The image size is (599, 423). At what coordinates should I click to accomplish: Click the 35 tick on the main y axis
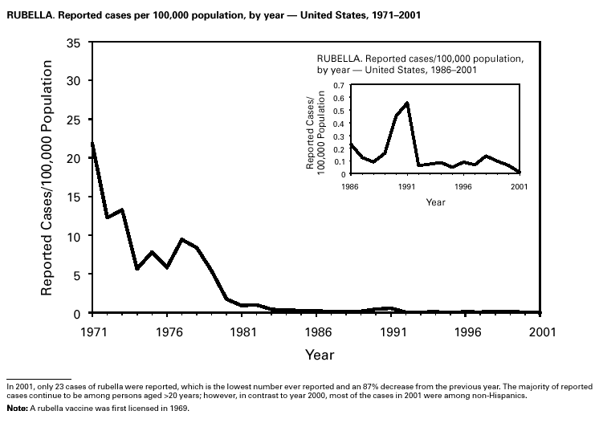[74, 43]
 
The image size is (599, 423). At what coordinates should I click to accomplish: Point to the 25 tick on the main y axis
[74, 120]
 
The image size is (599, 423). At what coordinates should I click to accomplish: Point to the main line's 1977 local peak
[182, 239]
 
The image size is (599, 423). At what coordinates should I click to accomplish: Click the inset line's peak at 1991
[407, 103]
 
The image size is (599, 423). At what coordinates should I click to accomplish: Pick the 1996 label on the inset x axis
[462, 187]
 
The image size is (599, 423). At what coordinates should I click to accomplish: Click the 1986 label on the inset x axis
[350, 187]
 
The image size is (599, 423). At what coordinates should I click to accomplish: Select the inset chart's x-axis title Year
[435, 202]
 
